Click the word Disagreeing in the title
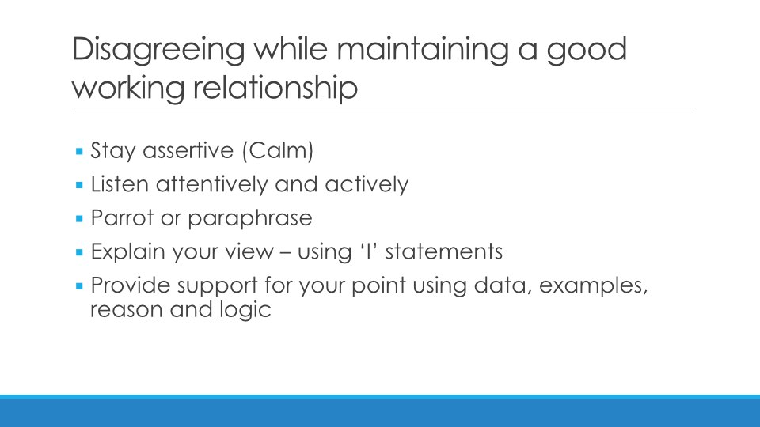point(158,50)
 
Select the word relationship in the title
point(275,88)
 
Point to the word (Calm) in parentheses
point(278,150)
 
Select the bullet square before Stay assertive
point(79,152)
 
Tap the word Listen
point(120,184)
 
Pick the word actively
point(367,184)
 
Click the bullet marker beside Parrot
point(79,219)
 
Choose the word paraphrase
point(250,218)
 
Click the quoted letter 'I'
point(368,251)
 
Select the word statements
point(444,251)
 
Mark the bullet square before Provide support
point(79,286)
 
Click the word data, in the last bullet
point(502,285)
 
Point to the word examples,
point(593,285)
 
